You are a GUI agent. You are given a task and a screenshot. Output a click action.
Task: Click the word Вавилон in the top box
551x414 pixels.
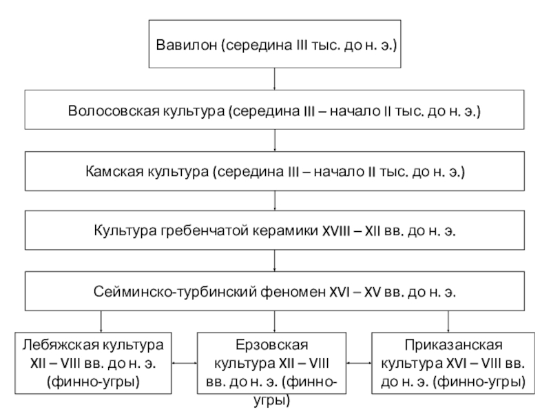pos(187,45)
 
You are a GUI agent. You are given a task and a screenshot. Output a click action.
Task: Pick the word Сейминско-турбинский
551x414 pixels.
pos(175,292)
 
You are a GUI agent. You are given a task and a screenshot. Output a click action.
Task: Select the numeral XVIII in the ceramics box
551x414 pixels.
pos(336,231)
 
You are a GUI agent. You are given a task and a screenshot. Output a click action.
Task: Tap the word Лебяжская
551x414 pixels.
pos(59,344)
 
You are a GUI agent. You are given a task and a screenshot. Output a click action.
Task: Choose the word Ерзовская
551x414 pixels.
pos(272,344)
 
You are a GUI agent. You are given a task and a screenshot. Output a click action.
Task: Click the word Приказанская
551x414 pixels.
pos(453,344)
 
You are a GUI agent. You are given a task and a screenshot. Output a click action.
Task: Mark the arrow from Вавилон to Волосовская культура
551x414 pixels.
pos(274,79)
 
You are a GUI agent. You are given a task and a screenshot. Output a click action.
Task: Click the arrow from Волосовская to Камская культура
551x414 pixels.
pos(274,141)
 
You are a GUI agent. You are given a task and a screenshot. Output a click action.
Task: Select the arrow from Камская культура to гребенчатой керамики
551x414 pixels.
pos(274,201)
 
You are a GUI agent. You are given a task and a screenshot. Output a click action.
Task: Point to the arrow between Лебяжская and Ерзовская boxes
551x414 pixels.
pos(185,363)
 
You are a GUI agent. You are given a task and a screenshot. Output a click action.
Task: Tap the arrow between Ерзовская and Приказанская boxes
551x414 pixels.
pos(359,363)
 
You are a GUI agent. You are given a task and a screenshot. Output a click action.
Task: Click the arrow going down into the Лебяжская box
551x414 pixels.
pos(101,322)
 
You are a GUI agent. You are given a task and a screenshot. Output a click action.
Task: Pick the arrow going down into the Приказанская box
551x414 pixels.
pos(448,322)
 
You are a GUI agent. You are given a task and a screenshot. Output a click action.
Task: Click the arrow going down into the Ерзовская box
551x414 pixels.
pos(274,322)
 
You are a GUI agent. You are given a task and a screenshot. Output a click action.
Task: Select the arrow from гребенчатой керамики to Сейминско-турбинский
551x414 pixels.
pos(274,261)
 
